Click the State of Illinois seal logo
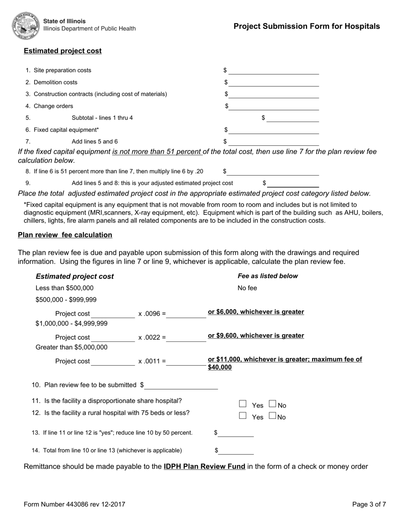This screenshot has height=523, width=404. (x=26, y=25)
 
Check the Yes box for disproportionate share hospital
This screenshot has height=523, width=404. (x=243, y=404)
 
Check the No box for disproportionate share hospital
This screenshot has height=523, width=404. (x=273, y=404)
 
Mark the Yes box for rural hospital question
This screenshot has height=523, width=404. (x=243, y=416)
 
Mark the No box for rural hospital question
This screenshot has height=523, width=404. (x=273, y=416)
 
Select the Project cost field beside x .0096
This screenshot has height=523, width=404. (x=113, y=314)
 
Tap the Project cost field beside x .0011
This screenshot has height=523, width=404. (x=113, y=361)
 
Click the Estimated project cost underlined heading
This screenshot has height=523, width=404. (x=63, y=51)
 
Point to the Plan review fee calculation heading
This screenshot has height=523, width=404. (x=65, y=235)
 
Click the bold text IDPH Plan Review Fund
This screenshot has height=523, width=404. (x=204, y=466)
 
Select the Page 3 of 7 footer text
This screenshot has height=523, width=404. (x=369, y=505)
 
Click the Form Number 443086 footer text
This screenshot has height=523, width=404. (x=74, y=505)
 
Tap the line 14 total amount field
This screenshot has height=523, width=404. (x=236, y=450)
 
